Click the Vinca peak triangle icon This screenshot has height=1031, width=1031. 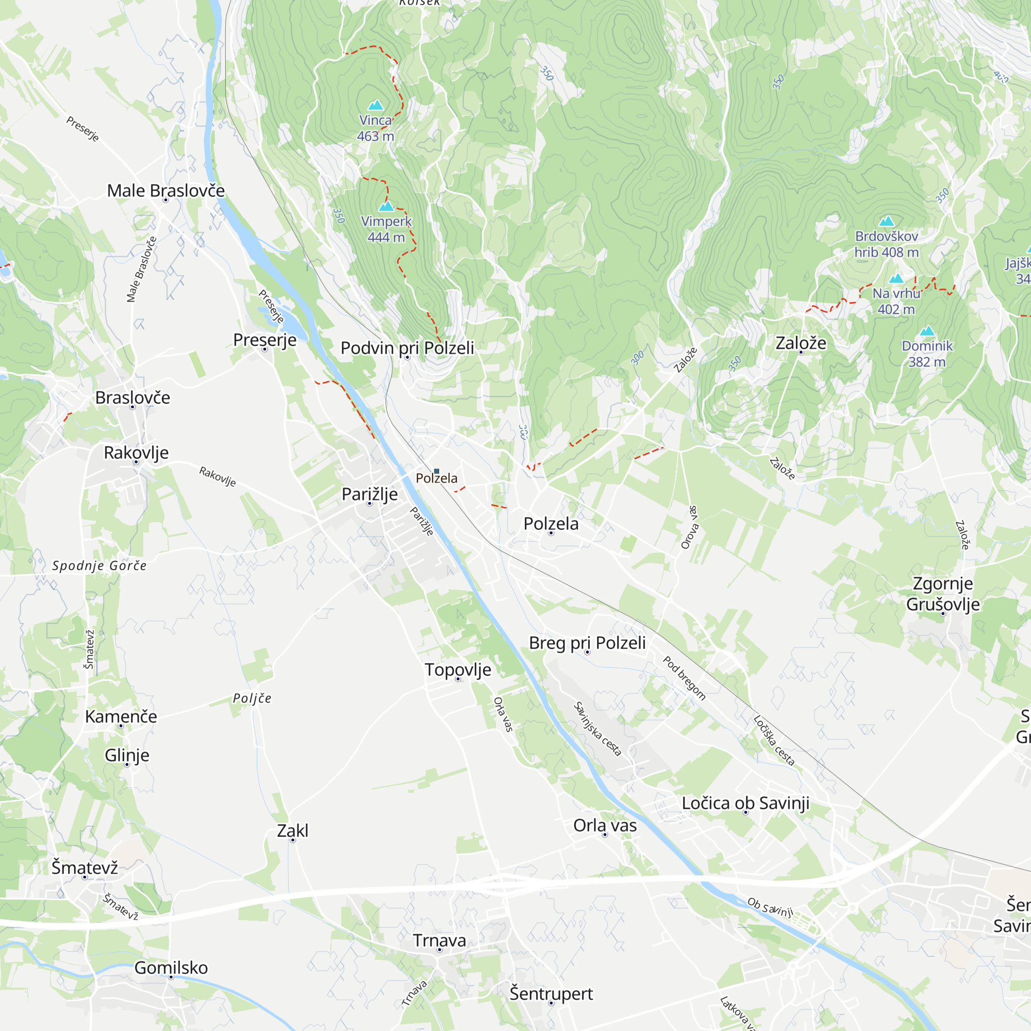[x=376, y=105]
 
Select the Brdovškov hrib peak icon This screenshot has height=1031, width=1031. [x=886, y=221]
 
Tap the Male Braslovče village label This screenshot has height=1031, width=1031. [x=165, y=191]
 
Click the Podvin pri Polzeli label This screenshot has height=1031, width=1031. [x=407, y=348]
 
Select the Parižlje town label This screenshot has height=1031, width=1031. [x=369, y=494]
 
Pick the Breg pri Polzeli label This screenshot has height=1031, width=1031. [x=587, y=642]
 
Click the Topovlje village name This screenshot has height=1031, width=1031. [x=458, y=669]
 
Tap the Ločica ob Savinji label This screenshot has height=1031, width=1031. [x=745, y=803]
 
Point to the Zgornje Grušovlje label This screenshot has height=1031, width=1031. [x=943, y=593]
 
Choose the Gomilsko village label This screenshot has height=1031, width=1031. [x=171, y=968]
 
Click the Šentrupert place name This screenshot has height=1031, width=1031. [x=551, y=994]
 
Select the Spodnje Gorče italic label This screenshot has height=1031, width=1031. [x=99, y=566]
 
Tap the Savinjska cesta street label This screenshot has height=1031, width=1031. [x=597, y=729]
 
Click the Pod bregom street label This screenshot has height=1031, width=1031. [x=685, y=678]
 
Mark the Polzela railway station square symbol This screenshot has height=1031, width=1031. [x=437, y=471]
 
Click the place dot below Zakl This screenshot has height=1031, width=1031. [x=292, y=840]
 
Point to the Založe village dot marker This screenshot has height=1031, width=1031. [x=801, y=352]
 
